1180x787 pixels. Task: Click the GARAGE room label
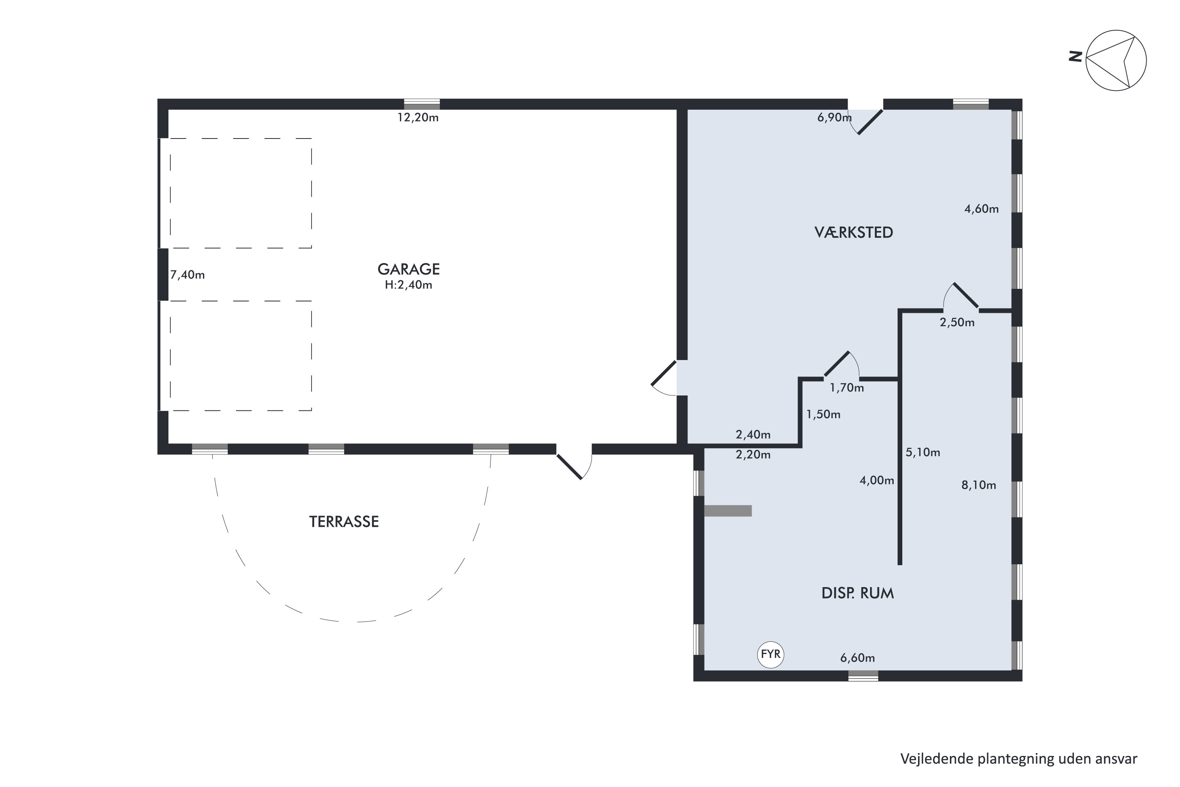[408, 269]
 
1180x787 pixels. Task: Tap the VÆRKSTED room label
[854, 233]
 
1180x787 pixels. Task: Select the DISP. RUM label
[857, 593]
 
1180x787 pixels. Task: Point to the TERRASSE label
[344, 522]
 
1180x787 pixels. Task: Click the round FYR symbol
[770, 654]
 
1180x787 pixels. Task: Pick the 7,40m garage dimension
[187, 275]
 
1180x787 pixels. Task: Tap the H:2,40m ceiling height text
[408, 285]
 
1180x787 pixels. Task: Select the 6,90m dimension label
[834, 117]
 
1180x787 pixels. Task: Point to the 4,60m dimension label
[981, 209]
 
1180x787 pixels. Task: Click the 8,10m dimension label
[978, 485]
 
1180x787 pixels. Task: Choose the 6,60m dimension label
[857, 658]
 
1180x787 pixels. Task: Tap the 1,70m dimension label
[847, 388]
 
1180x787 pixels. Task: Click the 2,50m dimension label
[957, 323]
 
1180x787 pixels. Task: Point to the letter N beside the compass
[1075, 57]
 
